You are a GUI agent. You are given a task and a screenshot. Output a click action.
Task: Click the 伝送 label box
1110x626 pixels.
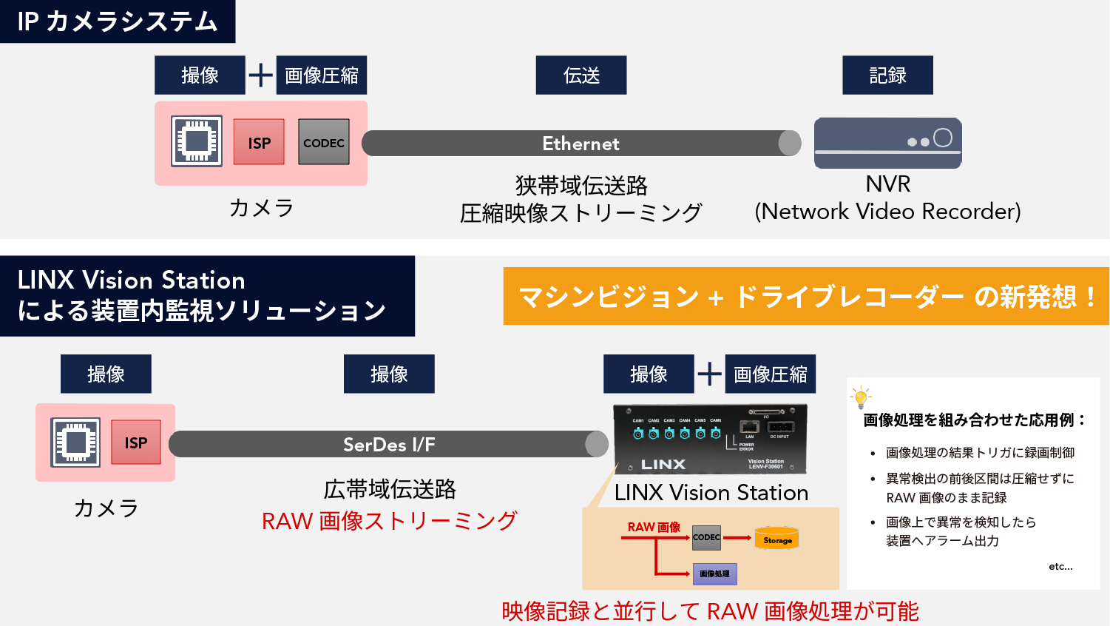point(581,75)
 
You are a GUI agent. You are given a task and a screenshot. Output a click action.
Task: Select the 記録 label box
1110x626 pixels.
point(887,75)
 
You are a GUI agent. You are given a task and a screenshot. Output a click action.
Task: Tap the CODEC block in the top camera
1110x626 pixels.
point(324,142)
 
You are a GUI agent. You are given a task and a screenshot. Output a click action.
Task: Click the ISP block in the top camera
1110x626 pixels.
point(259,142)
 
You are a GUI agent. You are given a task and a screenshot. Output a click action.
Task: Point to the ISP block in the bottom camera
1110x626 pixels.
point(136,442)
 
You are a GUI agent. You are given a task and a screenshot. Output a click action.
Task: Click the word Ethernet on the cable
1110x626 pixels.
point(581,144)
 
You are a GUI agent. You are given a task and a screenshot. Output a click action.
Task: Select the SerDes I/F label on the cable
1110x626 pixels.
point(389,445)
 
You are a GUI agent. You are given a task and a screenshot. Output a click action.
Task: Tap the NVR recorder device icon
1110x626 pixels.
point(887,143)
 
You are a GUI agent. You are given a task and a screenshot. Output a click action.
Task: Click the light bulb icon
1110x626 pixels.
point(861,397)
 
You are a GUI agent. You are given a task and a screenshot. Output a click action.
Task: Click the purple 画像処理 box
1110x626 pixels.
point(714,573)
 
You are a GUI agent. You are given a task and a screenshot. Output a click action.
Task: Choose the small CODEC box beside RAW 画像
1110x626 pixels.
point(706,538)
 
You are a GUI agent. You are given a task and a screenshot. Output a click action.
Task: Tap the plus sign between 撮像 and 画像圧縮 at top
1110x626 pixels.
point(260,75)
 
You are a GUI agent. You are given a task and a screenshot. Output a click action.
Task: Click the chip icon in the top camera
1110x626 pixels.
point(197,141)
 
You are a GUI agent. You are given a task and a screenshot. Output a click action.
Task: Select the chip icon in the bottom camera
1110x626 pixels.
point(75,442)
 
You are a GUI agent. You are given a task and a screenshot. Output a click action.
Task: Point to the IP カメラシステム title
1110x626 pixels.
point(118,21)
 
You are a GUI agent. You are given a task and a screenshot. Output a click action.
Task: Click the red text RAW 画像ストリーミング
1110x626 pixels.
point(389,521)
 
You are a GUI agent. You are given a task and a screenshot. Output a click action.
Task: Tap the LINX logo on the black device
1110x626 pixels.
point(663,465)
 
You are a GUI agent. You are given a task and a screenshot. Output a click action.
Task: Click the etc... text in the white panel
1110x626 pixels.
point(1060,567)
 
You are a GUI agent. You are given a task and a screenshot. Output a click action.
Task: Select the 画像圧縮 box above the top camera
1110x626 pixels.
point(322,75)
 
